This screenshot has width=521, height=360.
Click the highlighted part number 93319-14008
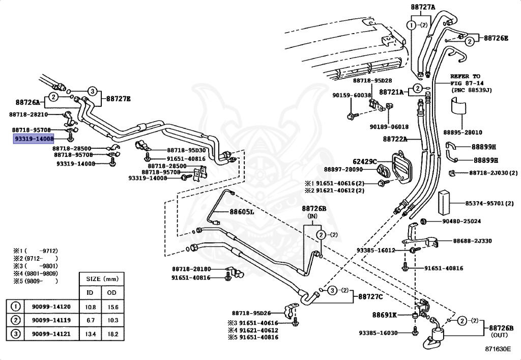[x=33, y=138]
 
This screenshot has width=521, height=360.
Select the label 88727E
[x=118, y=99]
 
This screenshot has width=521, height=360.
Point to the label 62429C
[x=365, y=162]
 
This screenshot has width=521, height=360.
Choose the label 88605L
[x=242, y=212]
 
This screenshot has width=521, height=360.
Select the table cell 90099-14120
[x=51, y=307]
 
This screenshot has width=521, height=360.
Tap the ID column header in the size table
[x=90, y=292]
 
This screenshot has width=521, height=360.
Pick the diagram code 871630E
[x=498, y=350]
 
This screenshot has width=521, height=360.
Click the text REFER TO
[x=465, y=76]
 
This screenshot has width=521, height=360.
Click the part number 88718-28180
[x=191, y=269]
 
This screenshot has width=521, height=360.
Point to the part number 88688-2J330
[x=473, y=241]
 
